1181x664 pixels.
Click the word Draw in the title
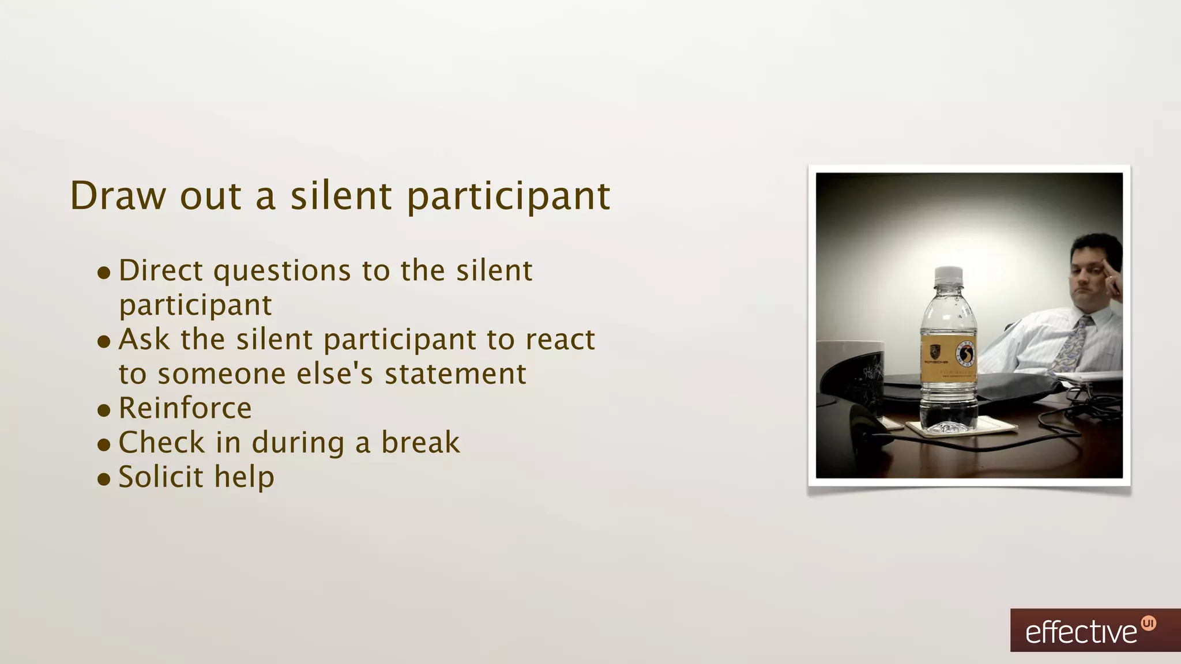click(117, 196)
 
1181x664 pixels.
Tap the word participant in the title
click(508, 197)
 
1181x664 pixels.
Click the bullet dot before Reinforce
click(104, 410)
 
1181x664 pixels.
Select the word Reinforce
click(185, 408)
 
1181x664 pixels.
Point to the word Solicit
click(161, 477)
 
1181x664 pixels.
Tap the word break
click(420, 443)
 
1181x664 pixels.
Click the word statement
click(456, 373)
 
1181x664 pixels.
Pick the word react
click(559, 339)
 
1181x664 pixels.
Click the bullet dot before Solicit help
click(104, 479)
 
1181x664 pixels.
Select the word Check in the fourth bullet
click(161, 443)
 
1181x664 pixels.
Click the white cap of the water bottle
click(948, 276)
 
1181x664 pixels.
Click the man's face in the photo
click(1088, 271)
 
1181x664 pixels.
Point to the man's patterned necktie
click(1071, 346)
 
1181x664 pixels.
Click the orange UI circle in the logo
click(1148, 624)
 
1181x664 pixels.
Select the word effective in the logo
click(1081, 633)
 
